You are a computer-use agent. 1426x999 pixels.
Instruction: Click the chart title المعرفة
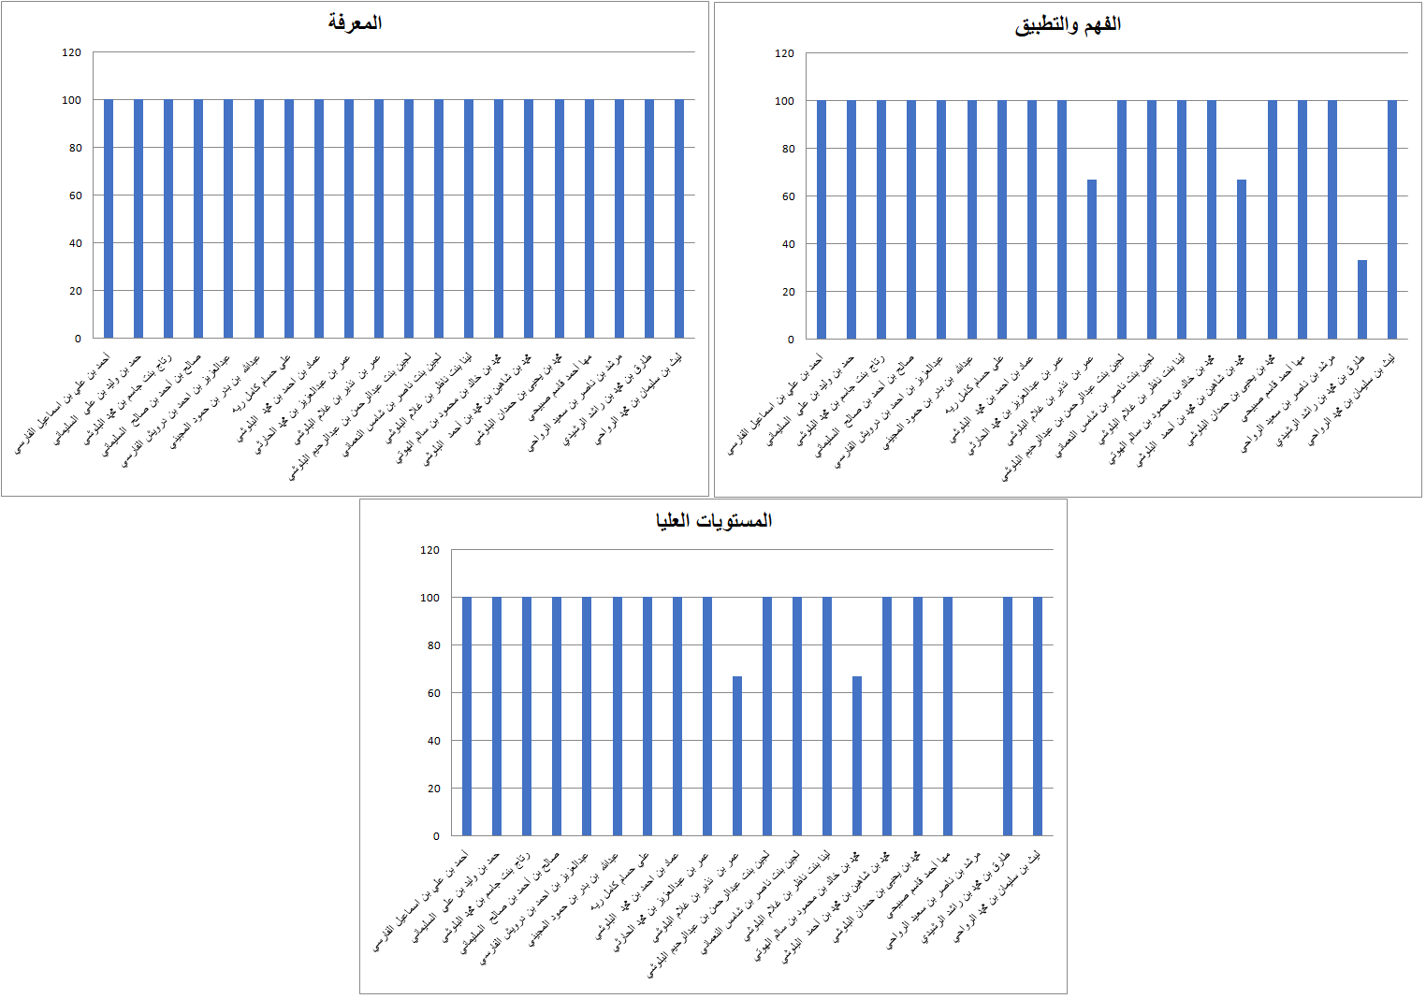coord(355,22)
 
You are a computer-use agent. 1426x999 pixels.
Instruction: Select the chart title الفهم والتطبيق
coord(1068,24)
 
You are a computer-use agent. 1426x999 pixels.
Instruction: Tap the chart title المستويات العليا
coord(713,520)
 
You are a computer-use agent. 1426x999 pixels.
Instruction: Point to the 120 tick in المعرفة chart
coord(71,52)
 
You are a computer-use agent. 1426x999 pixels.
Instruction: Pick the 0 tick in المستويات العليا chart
coord(436,836)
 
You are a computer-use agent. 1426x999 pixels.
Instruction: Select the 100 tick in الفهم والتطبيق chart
coord(784,101)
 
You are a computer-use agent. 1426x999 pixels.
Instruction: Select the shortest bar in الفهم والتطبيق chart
coord(1362,299)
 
